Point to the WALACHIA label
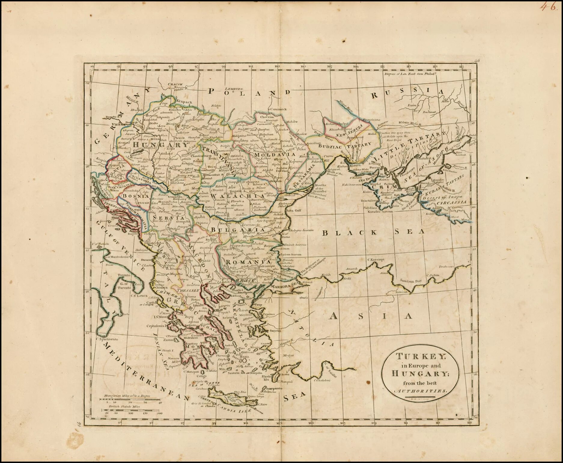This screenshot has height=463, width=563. [x=230, y=196]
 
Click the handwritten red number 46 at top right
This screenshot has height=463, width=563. [x=548, y=7]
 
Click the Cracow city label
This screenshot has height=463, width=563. [x=175, y=84]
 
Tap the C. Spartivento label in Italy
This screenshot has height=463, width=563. [x=107, y=339]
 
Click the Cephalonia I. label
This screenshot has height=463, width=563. [x=157, y=326]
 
